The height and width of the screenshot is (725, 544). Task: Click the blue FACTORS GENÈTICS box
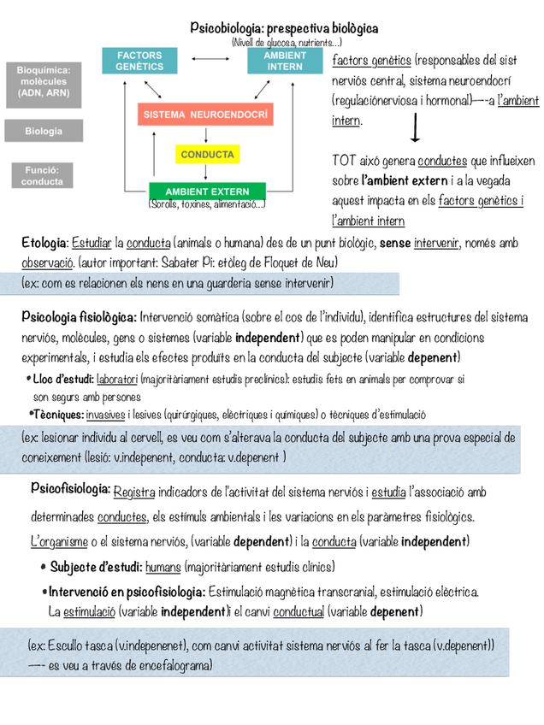(x=139, y=61)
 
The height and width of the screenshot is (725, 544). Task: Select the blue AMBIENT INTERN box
(x=284, y=61)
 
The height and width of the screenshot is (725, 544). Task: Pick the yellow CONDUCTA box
(x=207, y=155)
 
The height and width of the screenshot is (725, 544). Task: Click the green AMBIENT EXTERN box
(x=207, y=191)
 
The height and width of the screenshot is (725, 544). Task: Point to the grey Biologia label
(x=44, y=131)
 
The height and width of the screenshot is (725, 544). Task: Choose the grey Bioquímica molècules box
(x=44, y=81)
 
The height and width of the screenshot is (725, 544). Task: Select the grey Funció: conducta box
(x=42, y=176)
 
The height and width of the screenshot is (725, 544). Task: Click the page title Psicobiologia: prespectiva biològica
(x=284, y=29)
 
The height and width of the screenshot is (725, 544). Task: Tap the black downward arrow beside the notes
(x=415, y=130)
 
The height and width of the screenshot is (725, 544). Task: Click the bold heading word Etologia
(x=44, y=244)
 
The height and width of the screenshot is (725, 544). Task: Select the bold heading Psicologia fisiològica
(x=79, y=318)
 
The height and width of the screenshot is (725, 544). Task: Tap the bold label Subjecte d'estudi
(x=95, y=566)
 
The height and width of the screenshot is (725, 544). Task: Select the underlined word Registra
(x=134, y=492)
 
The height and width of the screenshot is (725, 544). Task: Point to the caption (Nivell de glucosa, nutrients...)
(x=287, y=42)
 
